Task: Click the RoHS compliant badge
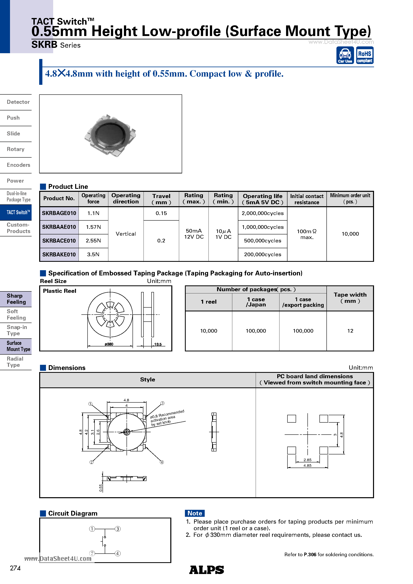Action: click(x=364, y=55)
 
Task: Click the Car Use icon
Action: click(x=345, y=55)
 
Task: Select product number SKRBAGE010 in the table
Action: click(x=59, y=213)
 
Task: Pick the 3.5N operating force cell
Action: click(x=93, y=254)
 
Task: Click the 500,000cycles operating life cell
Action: click(x=262, y=241)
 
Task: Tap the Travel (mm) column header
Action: click(x=161, y=199)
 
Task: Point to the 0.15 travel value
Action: click(x=161, y=213)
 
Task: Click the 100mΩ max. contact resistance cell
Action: click(x=307, y=234)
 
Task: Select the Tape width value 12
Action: click(x=350, y=331)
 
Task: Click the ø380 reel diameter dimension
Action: click(x=109, y=344)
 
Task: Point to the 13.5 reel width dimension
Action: click(x=158, y=344)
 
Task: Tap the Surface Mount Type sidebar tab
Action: click(x=16, y=346)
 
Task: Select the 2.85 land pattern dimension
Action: click(x=307, y=460)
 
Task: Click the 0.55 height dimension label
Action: click(x=101, y=488)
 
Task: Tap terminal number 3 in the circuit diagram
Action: click(x=118, y=529)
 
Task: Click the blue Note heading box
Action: click(x=195, y=513)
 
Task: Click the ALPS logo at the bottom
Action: click(x=206, y=570)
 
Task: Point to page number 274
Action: click(x=15, y=568)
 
